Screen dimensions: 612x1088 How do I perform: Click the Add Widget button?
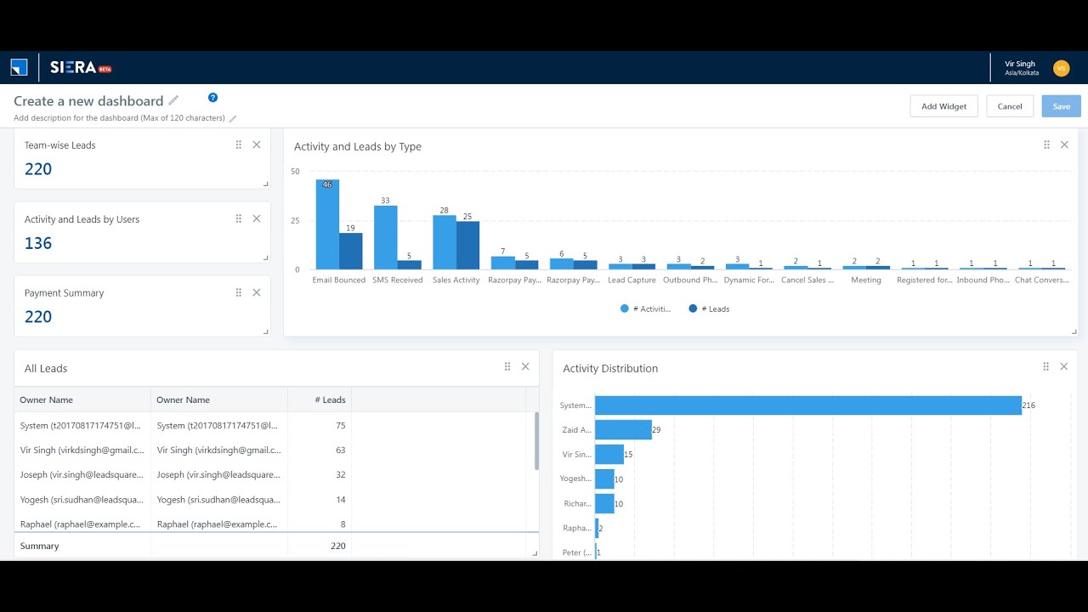(x=943, y=106)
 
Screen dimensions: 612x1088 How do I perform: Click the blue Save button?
(x=1061, y=106)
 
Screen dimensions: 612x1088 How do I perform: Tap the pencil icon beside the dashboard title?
(x=173, y=100)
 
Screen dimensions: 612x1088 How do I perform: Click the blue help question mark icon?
(x=212, y=98)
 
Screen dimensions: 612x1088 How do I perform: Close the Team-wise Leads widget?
(x=257, y=144)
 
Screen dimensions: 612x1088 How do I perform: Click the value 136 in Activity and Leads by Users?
(x=38, y=243)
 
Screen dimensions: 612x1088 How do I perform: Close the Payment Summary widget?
(x=257, y=292)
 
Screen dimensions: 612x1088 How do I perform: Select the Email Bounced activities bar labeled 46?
(x=327, y=224)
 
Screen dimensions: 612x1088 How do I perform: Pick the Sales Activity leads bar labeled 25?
(x=467, y=245)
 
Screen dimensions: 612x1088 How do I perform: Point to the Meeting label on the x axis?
(x=866, y=280)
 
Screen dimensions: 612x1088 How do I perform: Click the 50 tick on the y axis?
(x=295, y=172)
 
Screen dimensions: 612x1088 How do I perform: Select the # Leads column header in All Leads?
(x=330, y=399)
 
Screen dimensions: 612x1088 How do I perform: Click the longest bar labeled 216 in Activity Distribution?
(x=807, y=405)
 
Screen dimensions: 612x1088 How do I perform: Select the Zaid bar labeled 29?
(x=623, y=430)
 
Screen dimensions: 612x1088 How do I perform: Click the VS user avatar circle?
(x=1061, y=68)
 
